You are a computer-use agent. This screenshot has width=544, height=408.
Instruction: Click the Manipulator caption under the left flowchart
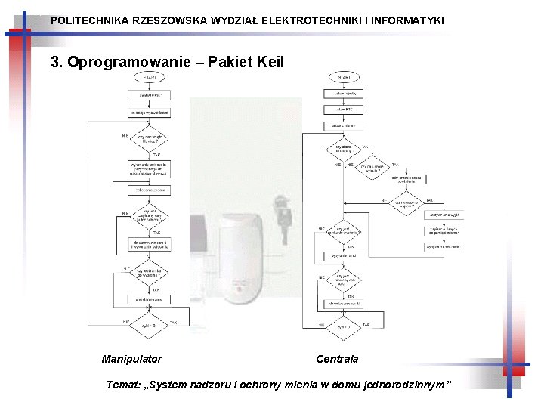(131, 359)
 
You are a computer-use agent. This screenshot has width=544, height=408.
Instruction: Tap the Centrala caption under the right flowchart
(337, 359)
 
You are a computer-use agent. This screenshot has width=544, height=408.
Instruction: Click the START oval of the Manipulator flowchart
(150, 78)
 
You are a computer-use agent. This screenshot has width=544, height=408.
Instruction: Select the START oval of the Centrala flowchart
(344, 77)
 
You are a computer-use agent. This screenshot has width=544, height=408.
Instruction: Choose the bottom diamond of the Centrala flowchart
(344, 326)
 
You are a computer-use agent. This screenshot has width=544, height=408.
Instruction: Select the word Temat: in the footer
(122, 385)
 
